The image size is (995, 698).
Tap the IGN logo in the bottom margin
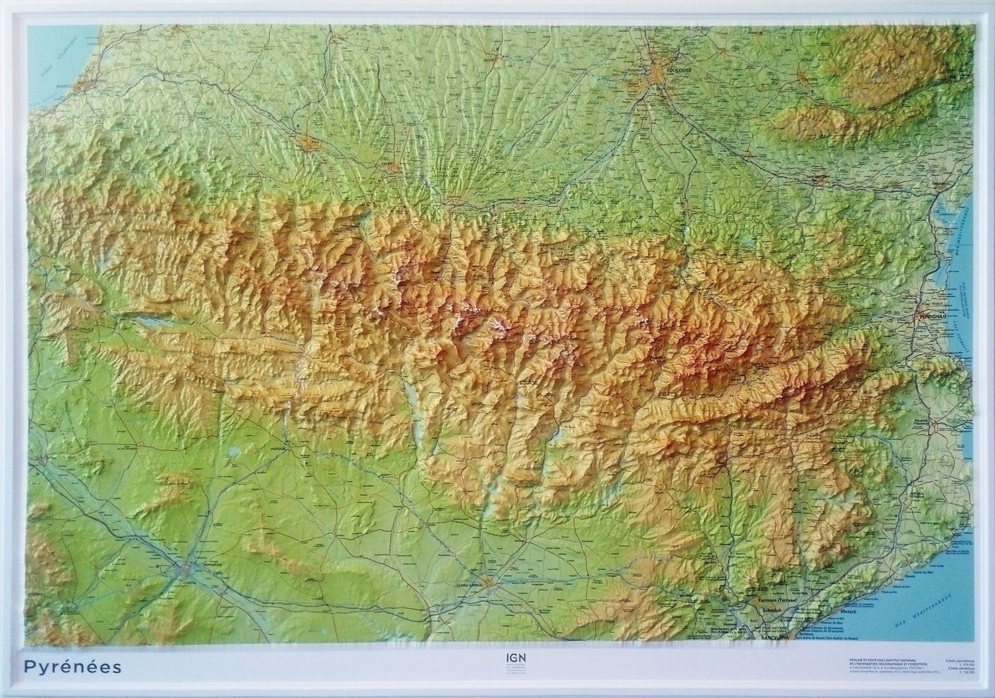point(507,660)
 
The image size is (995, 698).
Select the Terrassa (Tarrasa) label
point(779,601)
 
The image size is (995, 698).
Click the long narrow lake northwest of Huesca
point(149,323)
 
